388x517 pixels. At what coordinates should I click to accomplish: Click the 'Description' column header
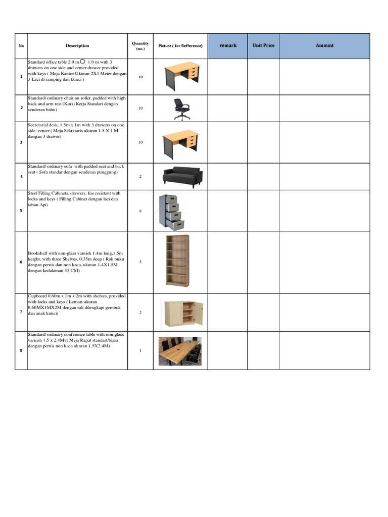click(x=77, y=46)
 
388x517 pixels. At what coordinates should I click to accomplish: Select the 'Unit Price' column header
click(x=263, y=45)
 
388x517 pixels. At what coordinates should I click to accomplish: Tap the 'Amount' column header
click(x=324, y=45)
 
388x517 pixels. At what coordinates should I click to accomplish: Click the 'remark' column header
click(x=228, y=45)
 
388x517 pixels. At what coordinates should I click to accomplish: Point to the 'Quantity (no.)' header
click(x=140, y=46)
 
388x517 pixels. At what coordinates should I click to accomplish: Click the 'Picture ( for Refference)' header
click(x=180, y=46)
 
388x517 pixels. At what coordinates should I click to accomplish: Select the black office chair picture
click(x=181, y=109)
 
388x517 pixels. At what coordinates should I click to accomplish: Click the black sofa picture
click(x=182, y=176)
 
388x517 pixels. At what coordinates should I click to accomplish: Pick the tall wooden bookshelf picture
click(x=178, y=261)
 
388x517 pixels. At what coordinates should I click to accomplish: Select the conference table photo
click(x=180, y=350)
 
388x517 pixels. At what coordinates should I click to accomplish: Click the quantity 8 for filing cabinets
click(x=140, y=211)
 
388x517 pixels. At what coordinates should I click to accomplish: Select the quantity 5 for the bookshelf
click(x=140, y=262)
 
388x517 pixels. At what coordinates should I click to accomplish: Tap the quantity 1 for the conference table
click(x=140, y=351)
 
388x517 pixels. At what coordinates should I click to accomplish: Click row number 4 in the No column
click(x=21, y=177)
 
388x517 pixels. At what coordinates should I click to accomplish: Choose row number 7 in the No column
click(x=21, y=312)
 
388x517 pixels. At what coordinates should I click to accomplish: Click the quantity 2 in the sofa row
click(x=140, y=177)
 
